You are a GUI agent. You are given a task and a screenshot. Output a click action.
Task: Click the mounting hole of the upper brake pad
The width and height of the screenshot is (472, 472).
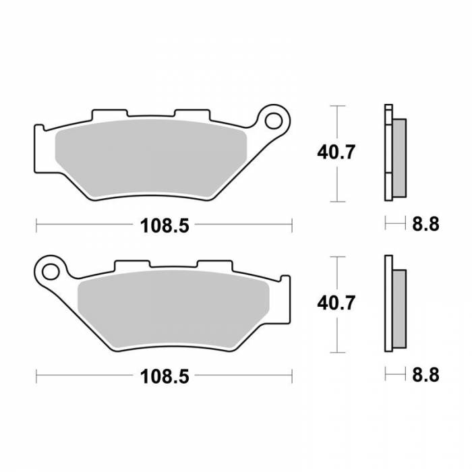(x=274, y=121)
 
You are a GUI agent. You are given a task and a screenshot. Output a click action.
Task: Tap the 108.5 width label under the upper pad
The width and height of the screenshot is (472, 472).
(x=164, y=225)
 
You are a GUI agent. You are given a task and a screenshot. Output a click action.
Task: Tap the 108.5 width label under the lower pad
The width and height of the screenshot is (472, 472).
(x=164, y=376)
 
